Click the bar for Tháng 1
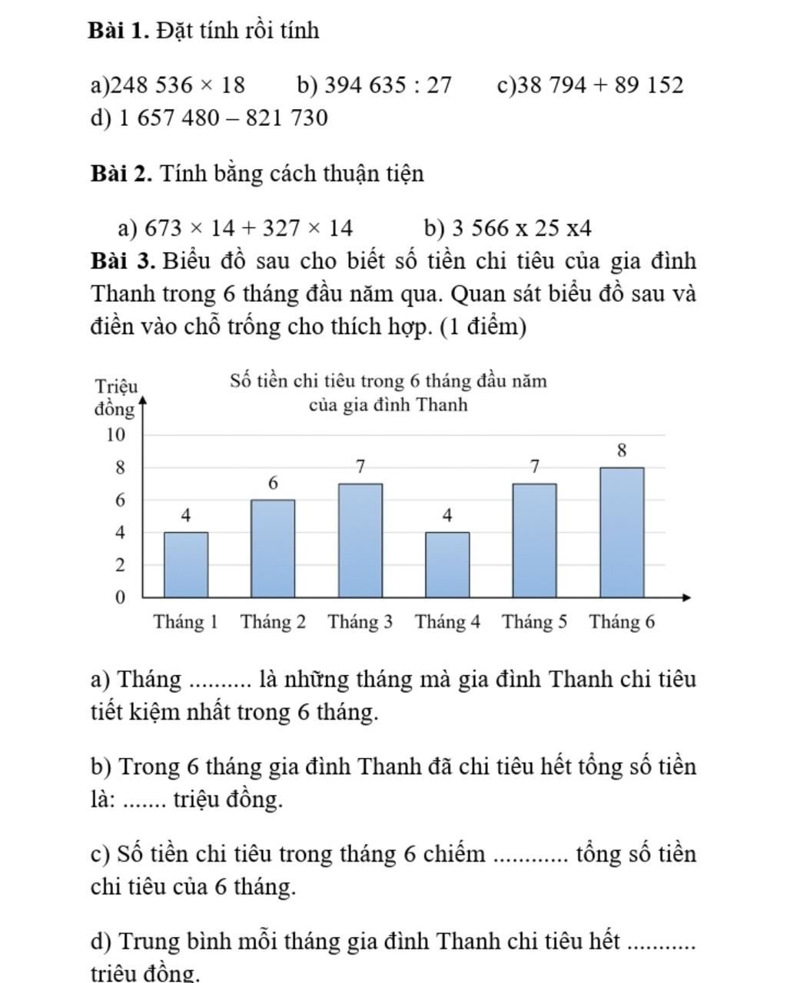coord(186,564)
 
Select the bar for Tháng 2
coord(273,548)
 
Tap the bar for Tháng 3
coord(360,540)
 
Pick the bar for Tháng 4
coord(447,564)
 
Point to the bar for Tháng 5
coord(535,540)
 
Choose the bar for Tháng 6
coord(622,532)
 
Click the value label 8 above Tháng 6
coord(622,451)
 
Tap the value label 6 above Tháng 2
coord(273,484)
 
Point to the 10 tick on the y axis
coord(116,435)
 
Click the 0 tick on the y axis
coord(120,597)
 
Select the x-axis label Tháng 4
coord(447,622)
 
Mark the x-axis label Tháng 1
coord(186,622)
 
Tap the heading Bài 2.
coord(121,174)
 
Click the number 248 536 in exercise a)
coord(150,84)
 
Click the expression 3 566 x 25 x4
coord(522,228)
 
